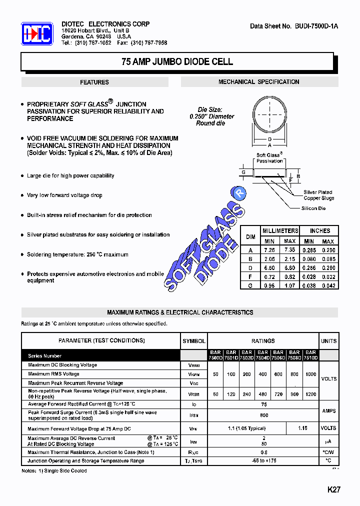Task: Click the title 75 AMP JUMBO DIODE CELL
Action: (x=177, y=62)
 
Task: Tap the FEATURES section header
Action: (x=94, y=82)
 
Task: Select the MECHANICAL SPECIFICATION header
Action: (x=258, y=81)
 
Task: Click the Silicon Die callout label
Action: (x=313, y=208)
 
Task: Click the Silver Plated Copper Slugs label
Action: (x=318, y=195)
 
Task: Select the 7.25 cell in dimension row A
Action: (x=269, y=249)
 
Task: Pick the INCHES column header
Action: (x=319, y=230)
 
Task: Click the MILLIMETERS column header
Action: (x=280, y=230)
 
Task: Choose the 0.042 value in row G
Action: (x=328, y=284)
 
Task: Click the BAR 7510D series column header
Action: (x=310, y=355)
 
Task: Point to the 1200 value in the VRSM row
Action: (x=310, y=393)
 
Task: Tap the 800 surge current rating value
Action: (x=263, y=415)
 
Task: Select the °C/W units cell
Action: (x=328, y=452)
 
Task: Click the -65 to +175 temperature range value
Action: (x=263, y=460)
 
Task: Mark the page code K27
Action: (x=333, y=489)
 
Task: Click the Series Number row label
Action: (x=45, y=356)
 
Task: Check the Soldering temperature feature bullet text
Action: (x=77, y=254)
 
